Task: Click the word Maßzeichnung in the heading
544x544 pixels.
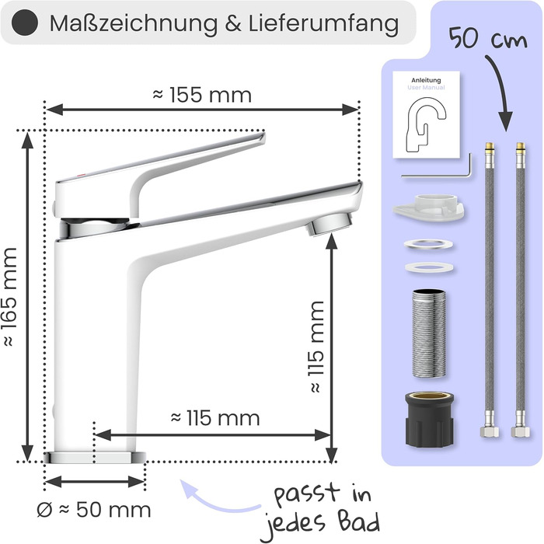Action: click(x=134, y=23)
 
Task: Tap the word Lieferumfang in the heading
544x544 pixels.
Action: click(x=323, y=23)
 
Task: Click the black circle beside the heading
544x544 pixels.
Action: click(x=25, y=23)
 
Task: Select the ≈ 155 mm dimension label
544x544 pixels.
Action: click(x=202, y=95)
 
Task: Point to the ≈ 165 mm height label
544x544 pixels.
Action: click(x=9, y=297)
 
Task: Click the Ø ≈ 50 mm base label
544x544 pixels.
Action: click(x=94, y=510)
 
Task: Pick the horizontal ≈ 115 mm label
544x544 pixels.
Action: click(x=215, y=418)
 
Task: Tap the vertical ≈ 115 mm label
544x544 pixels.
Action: click(x=316, y=347)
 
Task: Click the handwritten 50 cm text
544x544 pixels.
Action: click(x=488, y=39)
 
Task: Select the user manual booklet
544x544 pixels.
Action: click(x=427, y=114)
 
